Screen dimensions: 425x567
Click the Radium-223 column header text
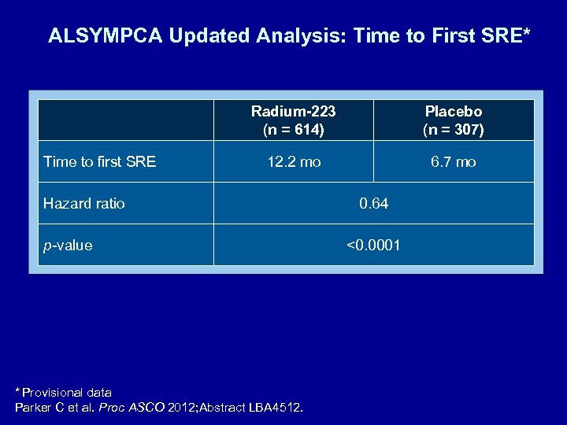[x=293, y=112]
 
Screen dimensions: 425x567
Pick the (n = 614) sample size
[x=293, y=129]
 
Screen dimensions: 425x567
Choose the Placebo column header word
[x=453, y=112]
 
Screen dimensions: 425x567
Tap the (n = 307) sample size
[x=453, y=129]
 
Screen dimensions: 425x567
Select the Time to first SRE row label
[x=99, y=162]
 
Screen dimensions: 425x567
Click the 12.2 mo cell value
[x=294, y=162]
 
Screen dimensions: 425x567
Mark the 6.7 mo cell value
[x=453, y=162]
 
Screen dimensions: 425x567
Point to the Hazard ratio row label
[x=83, y=204]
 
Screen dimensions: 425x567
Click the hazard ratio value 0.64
[x=373, y=204]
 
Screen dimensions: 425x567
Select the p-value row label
[x=68, y=246]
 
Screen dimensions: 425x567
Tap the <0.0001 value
[x=373, y=246]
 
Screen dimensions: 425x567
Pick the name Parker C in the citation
[x=40, y=407]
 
